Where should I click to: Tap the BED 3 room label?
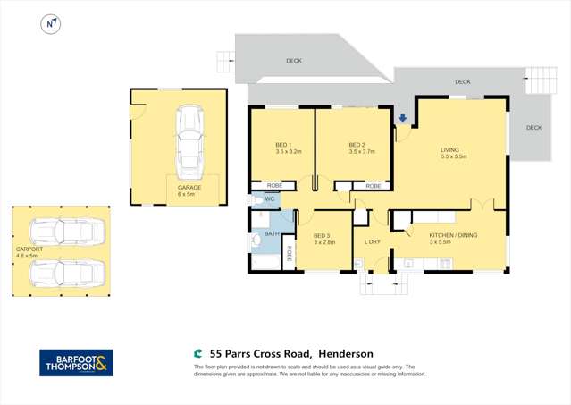click(323, 240)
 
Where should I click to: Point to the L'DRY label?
click(373, 241)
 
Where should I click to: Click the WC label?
click(269, 199)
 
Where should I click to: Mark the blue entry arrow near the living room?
click(403, 117)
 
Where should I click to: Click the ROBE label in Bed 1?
click(274, 185)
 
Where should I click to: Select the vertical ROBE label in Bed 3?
click(289, 255)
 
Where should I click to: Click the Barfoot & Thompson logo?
click(76, 362)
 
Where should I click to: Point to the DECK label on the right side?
click(533, 128)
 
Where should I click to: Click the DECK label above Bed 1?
click(294, 61)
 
